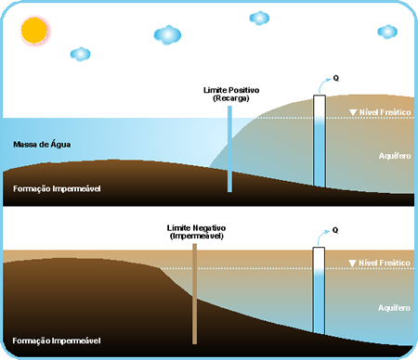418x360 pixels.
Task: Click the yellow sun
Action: [x=34, y=30]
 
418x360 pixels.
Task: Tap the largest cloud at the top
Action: [x=168, y=35]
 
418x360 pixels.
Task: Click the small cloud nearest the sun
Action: [x=81, y=54]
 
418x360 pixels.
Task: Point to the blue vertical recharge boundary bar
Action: [x=229, y=148]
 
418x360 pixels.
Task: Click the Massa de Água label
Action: [x=42, y=145]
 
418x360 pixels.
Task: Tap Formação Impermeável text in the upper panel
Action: [x=57, y=188]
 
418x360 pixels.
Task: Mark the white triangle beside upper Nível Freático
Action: [x=352, y=113]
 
